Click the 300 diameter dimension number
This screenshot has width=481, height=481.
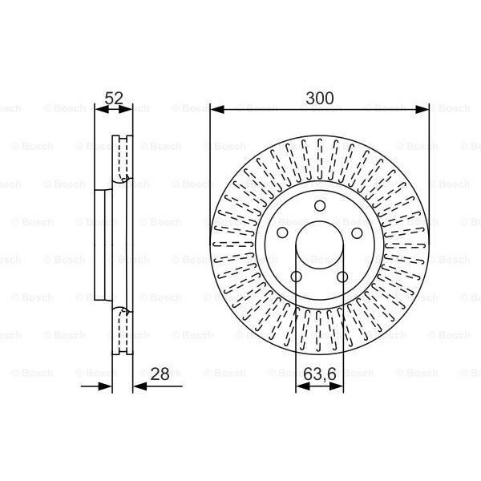tap(319, 99)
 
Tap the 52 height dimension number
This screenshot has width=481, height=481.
tap(115, 99)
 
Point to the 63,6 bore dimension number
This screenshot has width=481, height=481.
tap(319, 374)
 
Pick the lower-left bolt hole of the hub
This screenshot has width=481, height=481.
tap(295, 277)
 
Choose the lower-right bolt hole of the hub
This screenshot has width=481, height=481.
tap(343, 277)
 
